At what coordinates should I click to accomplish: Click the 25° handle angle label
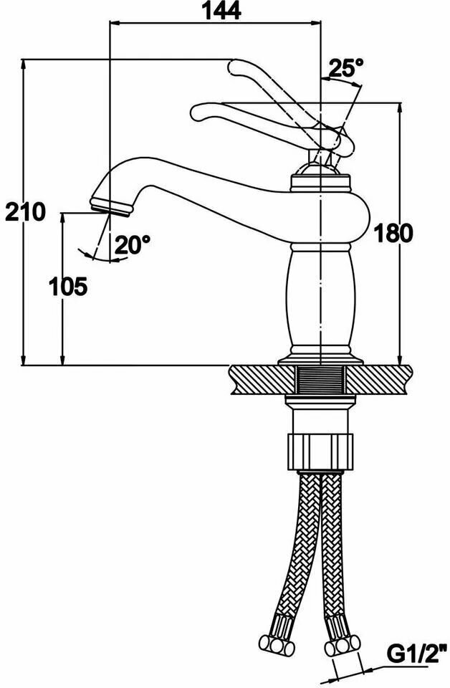point(346,68)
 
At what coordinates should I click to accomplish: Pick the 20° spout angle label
point(133,245)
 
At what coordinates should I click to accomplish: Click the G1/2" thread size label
point(418,654)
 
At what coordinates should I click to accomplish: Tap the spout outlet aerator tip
point(113,207)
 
